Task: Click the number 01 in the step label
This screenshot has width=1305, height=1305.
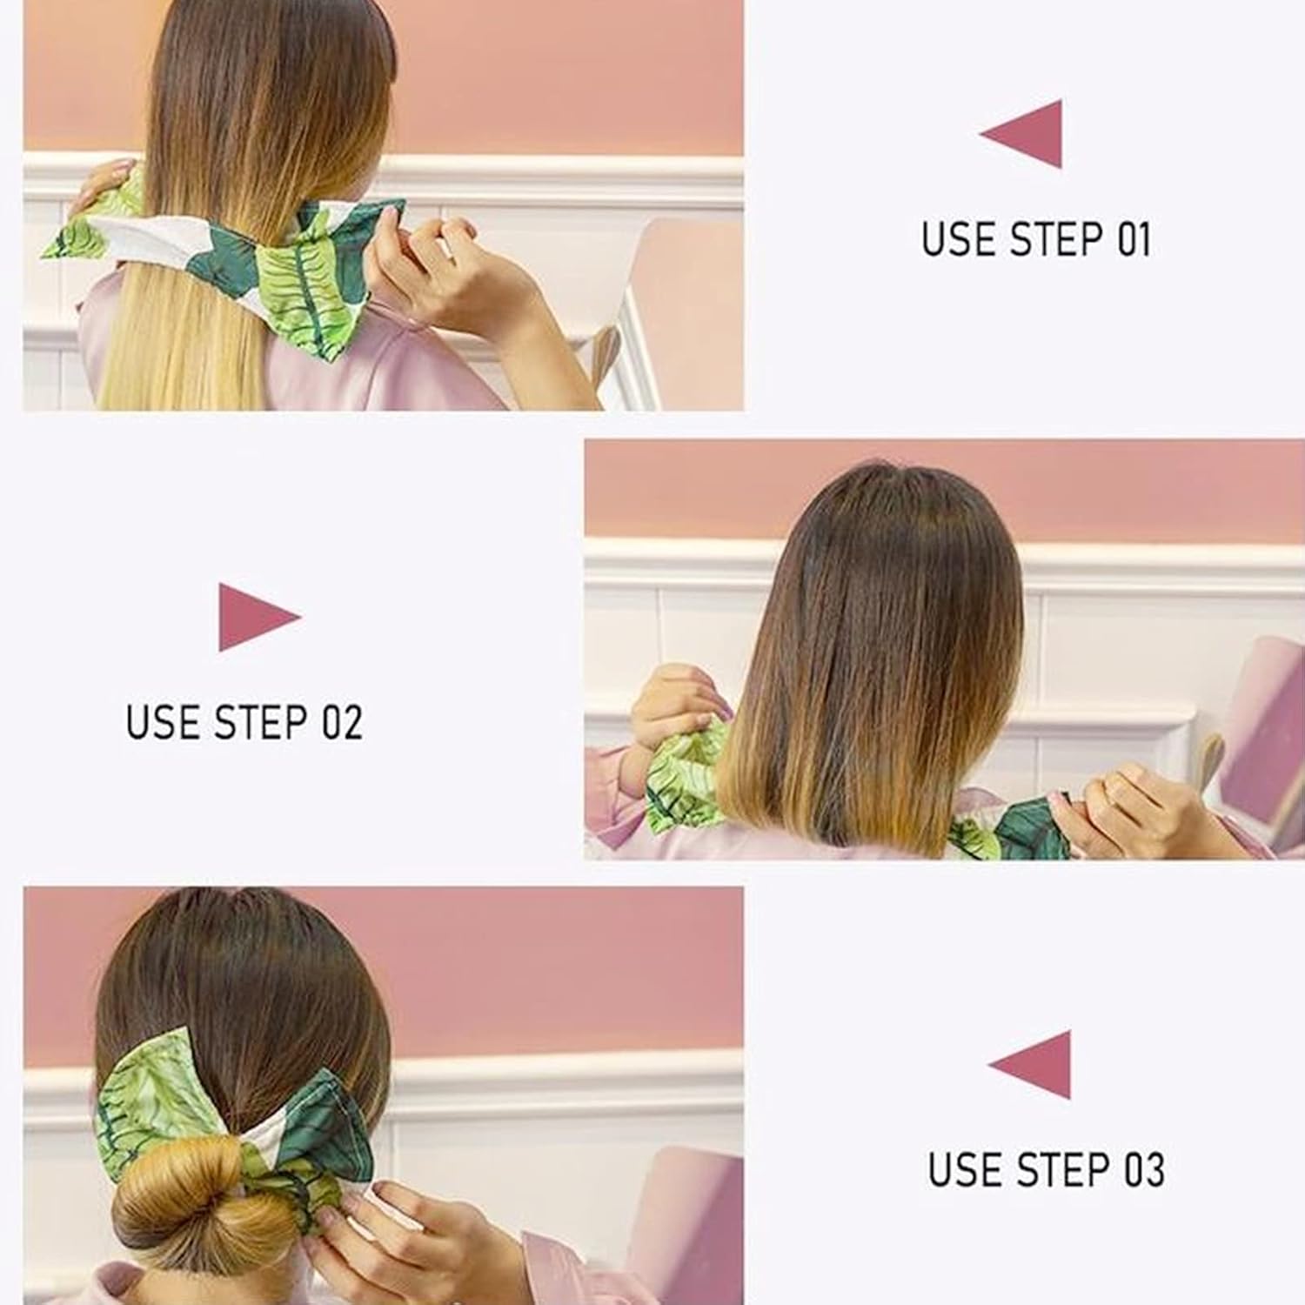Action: [x=1133, y=239]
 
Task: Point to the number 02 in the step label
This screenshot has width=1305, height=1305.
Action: [x=342, y=722]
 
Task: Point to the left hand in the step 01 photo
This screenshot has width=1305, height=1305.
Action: [x=100, y=183]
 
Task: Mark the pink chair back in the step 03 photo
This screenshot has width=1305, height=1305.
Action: [x=687, y=1218]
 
